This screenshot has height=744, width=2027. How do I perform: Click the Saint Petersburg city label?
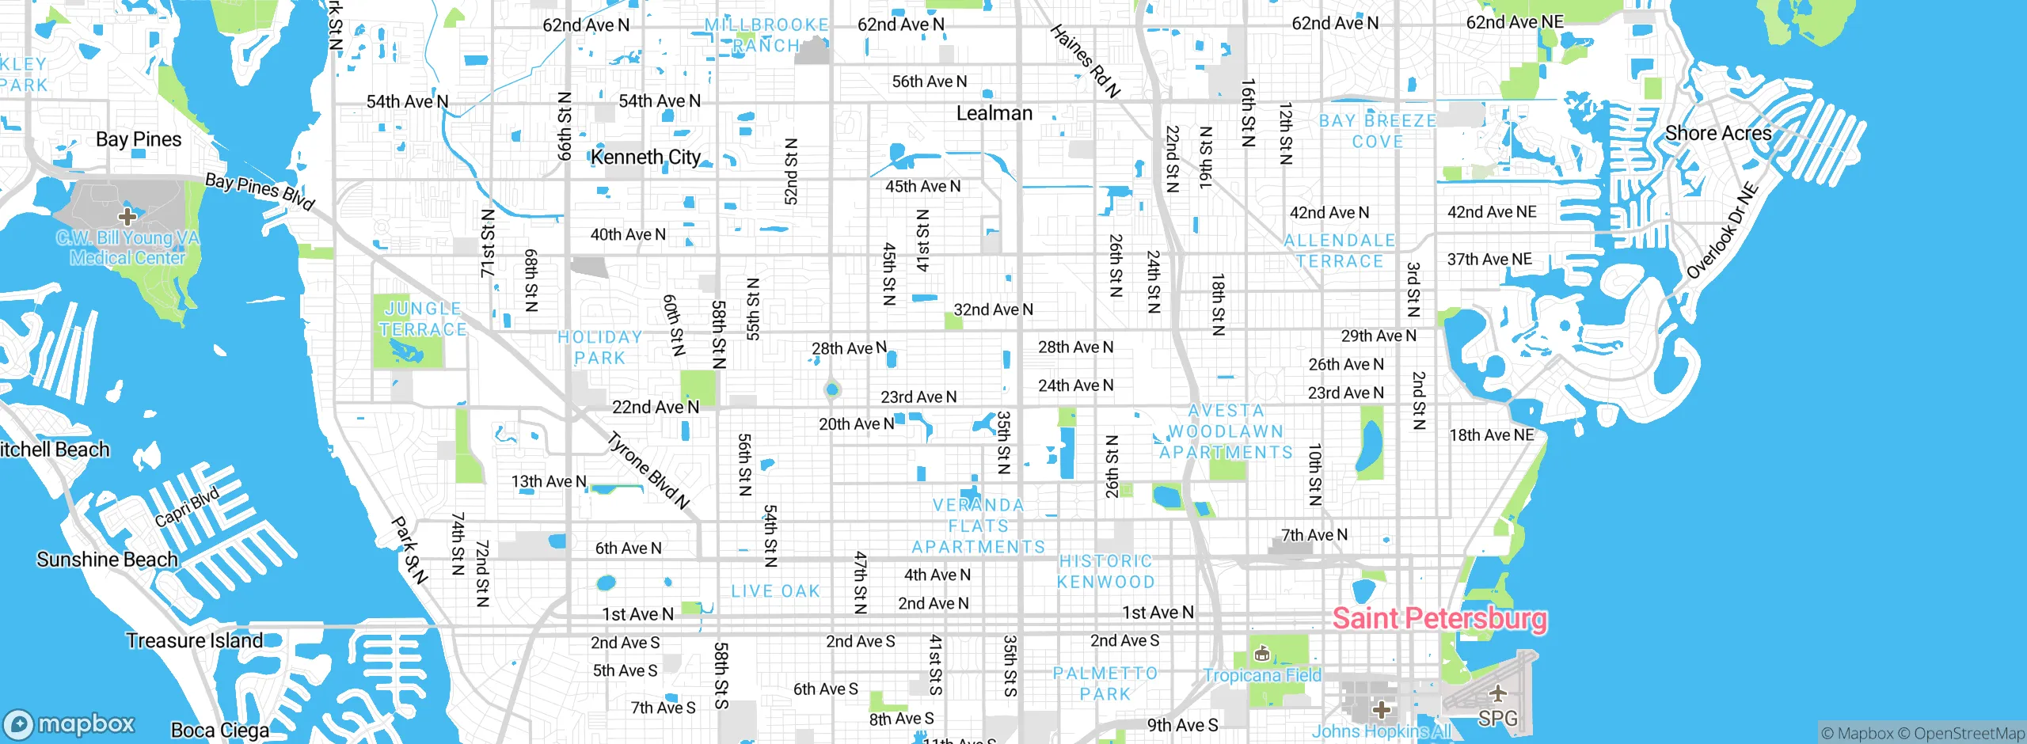(1439, 618)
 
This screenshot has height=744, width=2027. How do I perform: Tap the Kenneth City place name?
(645, 157)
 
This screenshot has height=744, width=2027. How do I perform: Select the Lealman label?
(994, 113)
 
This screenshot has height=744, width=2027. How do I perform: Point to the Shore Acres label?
(1717, 133)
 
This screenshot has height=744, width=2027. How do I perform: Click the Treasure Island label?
(194, 640)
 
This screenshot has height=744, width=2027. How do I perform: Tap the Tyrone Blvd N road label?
(648, 470)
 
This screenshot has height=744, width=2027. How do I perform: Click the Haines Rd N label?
(1085, 61)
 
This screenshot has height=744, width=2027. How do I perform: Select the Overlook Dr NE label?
(1721, 231)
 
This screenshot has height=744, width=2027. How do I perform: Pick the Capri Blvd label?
(186, 507)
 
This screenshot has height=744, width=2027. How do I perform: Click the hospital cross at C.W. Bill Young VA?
(127, 216)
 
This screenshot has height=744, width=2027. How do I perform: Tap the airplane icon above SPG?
(1497, 694)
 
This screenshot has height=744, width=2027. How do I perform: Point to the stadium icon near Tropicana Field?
(1262, 654)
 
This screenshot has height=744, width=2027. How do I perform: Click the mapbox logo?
(70, 723)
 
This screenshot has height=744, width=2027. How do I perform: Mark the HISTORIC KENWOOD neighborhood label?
(1105, 571)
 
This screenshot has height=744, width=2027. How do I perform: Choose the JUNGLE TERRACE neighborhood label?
(422, 319)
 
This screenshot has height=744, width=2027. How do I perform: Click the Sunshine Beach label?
(107, 560)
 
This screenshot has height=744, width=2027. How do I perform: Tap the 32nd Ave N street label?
(993, 309)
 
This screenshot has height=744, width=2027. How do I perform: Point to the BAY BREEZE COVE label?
(1377, 131)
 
